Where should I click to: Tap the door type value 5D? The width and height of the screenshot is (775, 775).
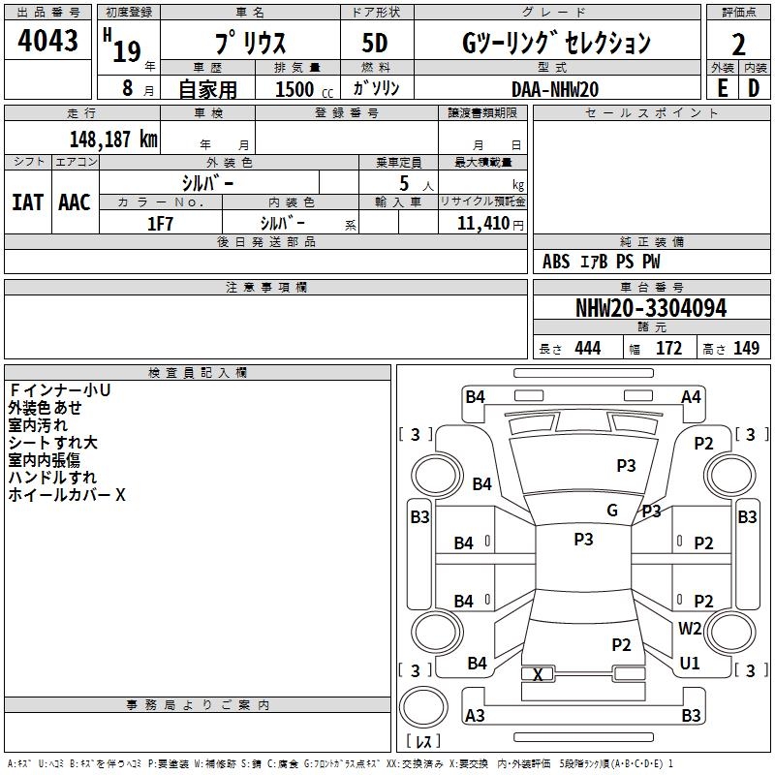click(x=376, y=44)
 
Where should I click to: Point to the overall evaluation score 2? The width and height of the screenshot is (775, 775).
click(x=738, y=44)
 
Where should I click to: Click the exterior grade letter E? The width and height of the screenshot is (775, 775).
click(x=722, y=87)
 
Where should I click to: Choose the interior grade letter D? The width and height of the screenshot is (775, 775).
click(x=754, y=87)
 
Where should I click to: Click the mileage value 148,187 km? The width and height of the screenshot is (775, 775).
click(x=113, y=139)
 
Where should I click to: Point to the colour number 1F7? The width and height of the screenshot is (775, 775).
click(x=160, y=223)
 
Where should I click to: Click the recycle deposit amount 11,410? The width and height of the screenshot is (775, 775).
click(x=482, y=223)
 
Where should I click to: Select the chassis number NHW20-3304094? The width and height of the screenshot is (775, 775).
click(x=651, y=308)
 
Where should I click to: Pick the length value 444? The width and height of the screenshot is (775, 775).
click(x=586, y=349)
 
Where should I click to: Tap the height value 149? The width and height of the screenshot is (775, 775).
click(x=746, y=349)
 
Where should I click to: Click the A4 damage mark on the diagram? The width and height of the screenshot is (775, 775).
click(x=691, y=396)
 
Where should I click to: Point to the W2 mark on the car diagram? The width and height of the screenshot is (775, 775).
click(x=690, y=629)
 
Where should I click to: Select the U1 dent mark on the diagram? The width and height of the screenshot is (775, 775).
click(x=690, y=664)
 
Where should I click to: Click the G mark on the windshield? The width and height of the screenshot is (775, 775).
click(x=611, y=511)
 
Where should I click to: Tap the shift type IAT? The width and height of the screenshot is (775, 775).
click(x=27, y=202)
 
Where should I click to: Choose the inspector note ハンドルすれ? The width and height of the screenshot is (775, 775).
click(x=52, y=478)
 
